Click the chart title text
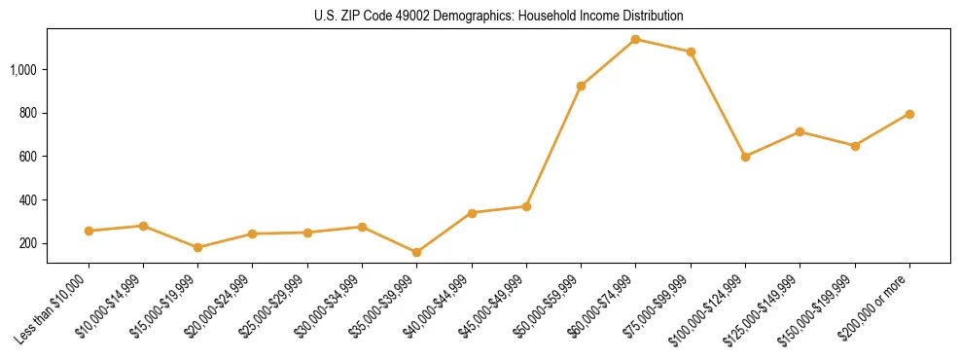pos(498,16)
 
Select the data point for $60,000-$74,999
pos(636,40)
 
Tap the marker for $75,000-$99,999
pos(691,52)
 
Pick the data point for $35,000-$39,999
pos(417,252)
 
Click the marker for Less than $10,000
pos(89,231)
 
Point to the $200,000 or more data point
pos(909,114)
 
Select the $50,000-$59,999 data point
pos(582,86)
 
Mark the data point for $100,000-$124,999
pos(745,157)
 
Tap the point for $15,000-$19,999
pos(198,247)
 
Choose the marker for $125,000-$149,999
pos(800,131)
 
